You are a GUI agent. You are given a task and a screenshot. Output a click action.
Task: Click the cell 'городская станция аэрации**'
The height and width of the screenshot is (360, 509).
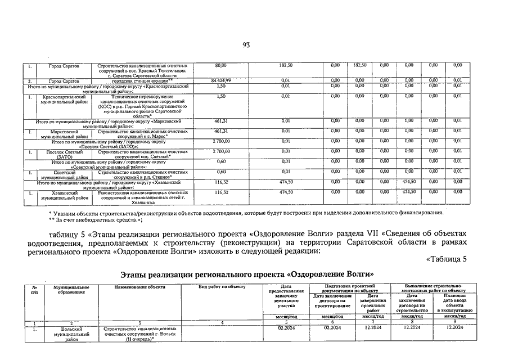142,81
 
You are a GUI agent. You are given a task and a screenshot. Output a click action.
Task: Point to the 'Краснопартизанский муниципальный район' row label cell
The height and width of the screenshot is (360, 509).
63,100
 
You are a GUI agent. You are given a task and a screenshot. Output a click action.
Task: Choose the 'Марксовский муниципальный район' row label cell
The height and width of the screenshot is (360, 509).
63,133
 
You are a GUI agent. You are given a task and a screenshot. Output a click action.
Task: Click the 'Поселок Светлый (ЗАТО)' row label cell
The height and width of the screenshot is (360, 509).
63,154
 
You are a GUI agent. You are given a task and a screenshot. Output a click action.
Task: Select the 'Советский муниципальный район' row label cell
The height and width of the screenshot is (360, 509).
63,174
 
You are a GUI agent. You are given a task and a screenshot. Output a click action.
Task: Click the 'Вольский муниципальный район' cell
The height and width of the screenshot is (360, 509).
71,334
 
